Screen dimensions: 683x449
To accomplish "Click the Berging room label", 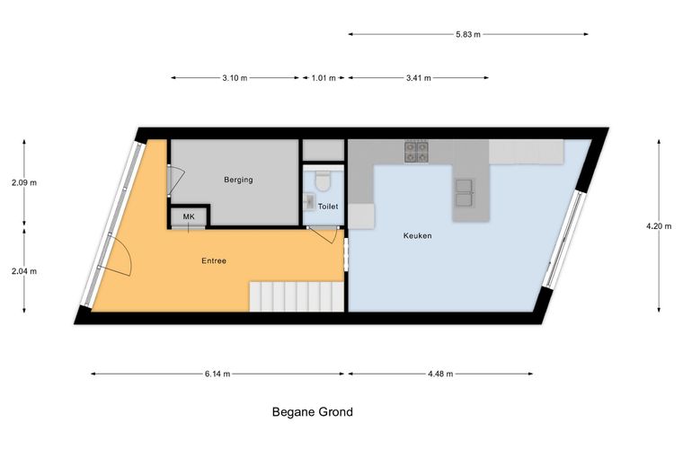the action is point(238,180).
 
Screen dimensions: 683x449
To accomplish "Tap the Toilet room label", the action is point(328,207).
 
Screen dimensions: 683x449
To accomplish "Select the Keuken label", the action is point(417,236).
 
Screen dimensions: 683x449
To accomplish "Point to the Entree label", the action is point(214,261).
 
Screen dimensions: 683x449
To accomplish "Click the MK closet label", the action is point(189,216).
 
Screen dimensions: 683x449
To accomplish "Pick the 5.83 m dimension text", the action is point(468,34).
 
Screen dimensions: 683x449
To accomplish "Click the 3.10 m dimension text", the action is point(235,78).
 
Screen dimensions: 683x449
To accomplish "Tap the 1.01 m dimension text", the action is point(324,78).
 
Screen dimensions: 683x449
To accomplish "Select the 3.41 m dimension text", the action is point(419,78).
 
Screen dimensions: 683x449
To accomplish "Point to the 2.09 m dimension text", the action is point(24,182).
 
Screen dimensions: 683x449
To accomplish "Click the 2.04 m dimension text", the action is point(24,271).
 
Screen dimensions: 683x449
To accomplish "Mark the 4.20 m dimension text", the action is point(659,225).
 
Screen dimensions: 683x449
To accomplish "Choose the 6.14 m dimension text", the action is point(217,374).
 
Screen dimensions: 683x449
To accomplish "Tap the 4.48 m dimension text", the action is point(440,374).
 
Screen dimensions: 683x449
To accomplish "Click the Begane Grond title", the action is point(313,411).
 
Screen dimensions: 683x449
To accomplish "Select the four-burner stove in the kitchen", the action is point(416,152).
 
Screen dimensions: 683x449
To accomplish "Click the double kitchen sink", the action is point(464,193).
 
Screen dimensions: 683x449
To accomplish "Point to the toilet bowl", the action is point(323,181).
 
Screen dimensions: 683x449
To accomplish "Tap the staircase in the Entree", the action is point(297,296).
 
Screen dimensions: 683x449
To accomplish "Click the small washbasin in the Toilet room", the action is point(310,200).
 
